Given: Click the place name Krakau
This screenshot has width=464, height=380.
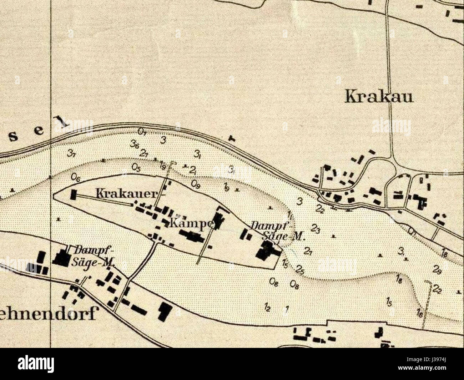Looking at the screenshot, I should coord(379,97).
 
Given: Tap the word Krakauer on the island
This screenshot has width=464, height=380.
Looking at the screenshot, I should coord(127,194).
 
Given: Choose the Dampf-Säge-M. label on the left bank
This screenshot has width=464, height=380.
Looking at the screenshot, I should coord(94,256).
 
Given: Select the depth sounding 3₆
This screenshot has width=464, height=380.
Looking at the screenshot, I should coord(135,145).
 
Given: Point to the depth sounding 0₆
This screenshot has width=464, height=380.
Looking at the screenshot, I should coord(76,176).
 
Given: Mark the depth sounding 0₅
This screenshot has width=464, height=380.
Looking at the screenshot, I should coord(136,167).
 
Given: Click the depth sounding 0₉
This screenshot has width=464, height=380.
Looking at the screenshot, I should coord(196,184).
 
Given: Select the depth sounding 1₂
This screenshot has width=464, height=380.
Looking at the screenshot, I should coord(268,307).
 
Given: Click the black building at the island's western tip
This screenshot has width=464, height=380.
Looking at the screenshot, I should coord(74,194).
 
